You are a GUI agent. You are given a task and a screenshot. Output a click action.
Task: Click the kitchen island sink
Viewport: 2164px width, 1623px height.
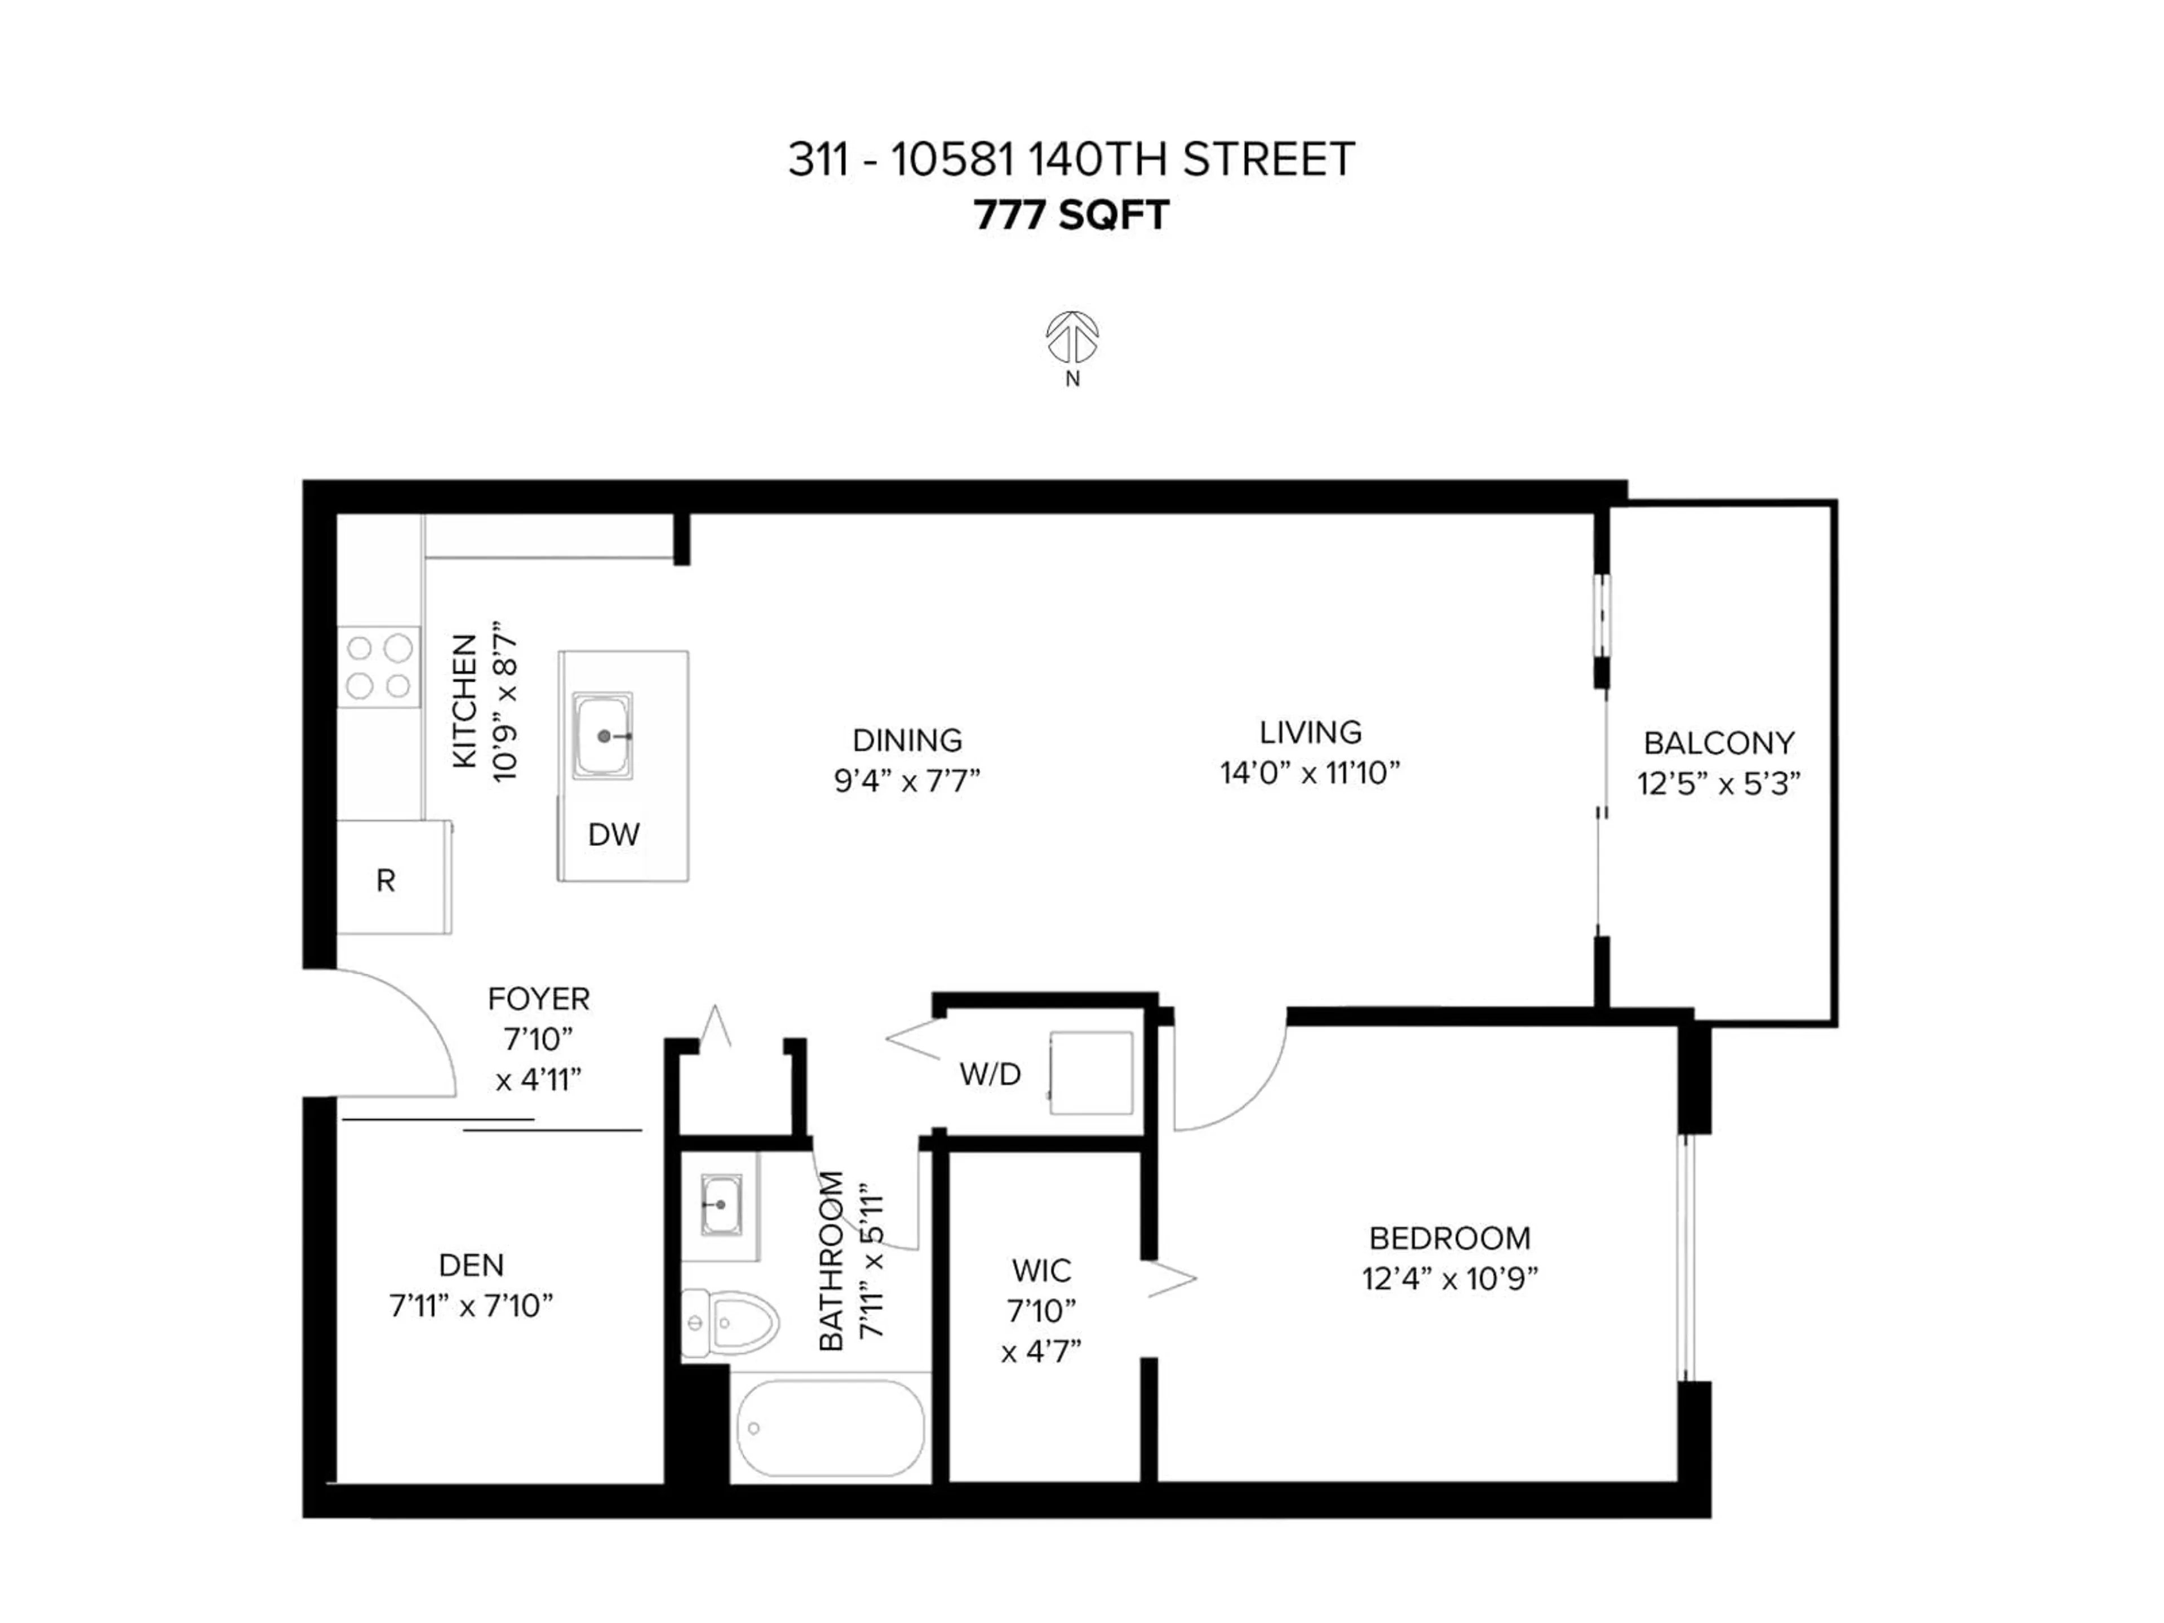tap(602, 735)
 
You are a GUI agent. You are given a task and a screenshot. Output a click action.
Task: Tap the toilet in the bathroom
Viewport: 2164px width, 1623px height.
tap(728, 1324)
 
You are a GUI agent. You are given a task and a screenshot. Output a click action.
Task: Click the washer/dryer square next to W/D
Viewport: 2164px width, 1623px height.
tap(1091, 1072)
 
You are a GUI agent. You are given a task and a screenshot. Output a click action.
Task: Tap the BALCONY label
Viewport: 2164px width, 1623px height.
tap(1719, 743)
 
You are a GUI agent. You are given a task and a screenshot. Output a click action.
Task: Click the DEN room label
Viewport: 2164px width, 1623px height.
tap(472, 1265)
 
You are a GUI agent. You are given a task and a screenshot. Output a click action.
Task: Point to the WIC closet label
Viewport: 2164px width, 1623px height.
tap(1042, 1271)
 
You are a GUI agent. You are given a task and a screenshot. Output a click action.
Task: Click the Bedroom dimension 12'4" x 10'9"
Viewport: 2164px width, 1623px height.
tap(1450, 1279)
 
